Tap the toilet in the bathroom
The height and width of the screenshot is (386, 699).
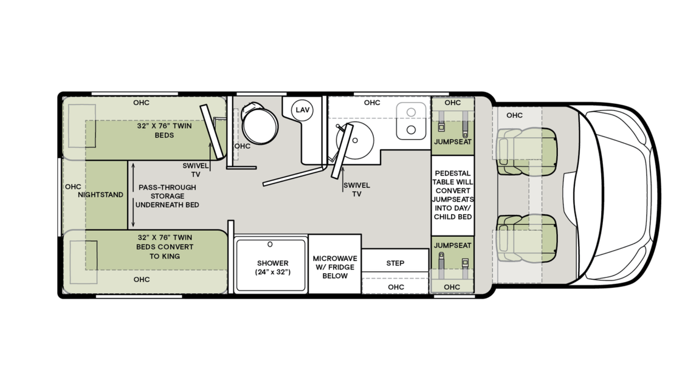point(256,124)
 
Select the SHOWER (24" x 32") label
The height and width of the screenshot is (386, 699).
point(272,268)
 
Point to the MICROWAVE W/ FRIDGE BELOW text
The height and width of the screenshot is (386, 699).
point(334,267)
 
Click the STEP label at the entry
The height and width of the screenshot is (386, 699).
point(396,263)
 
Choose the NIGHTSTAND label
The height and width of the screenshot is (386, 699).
point(101,195)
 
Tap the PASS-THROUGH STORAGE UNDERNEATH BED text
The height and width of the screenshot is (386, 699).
point(167,196)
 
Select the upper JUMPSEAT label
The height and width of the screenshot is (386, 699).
point(452,142)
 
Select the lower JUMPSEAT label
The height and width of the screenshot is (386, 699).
point(452,245)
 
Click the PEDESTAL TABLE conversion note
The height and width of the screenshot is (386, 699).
point(452,195)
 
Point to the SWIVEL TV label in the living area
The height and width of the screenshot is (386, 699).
point(356,189)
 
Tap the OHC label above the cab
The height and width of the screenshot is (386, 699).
point(514,115)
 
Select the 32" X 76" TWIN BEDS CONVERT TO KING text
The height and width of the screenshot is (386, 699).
point(165,247)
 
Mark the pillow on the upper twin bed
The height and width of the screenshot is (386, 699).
point(81,126)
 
